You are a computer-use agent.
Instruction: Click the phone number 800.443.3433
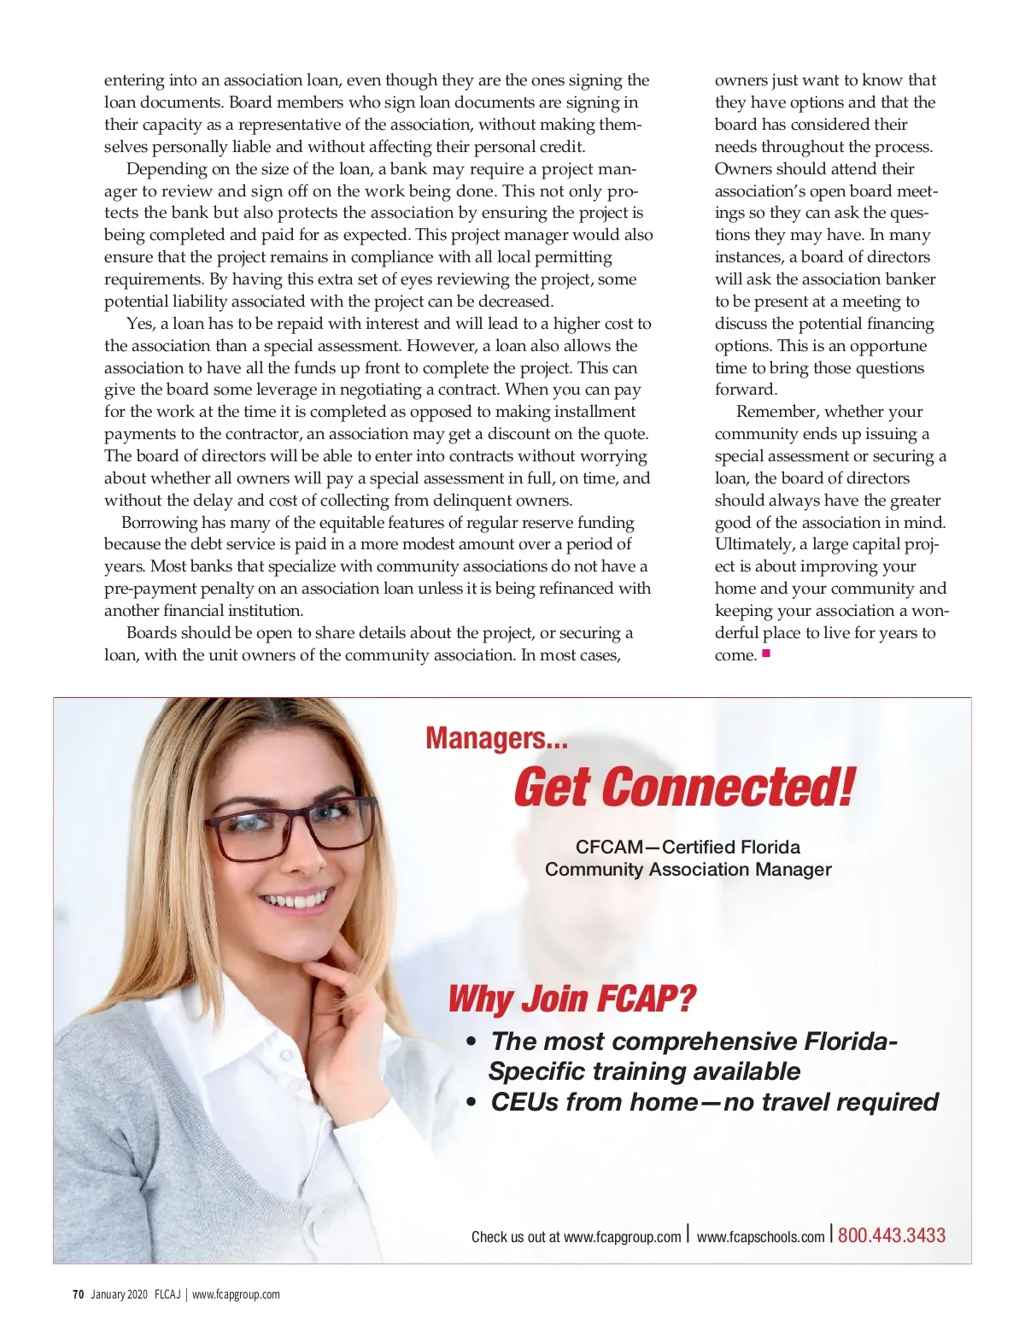pyautogui.click(x=891, y=1235)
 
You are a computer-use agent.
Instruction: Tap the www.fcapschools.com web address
pyautogui.click(x=760, y=1236)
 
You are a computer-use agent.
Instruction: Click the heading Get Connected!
pyautogui.click(x=683, y=787)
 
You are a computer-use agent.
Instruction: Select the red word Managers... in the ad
pyautogui.click(x=496, y=738)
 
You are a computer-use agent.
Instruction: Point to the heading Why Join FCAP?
pyautogui.click(x=571, y=998)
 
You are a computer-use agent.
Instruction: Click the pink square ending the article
pyautogui.click(x=766, y=654)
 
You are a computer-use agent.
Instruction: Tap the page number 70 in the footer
pyautogui.click(x=78, y=1294)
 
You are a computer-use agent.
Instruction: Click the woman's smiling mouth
pyautogui.click(x=296, y=900)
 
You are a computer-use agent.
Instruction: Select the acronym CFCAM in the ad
pyautogui.click(x=609, y=847)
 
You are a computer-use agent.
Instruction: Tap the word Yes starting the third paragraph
pyautogui.click(x=140, y=324)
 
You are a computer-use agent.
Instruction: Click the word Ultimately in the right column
pyautogui.click(x=753, y=544)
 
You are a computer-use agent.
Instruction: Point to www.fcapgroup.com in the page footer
pyautogui.click(x=236, y=1294)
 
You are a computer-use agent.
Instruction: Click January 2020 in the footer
pyautogui.click(x=119, y=1294)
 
